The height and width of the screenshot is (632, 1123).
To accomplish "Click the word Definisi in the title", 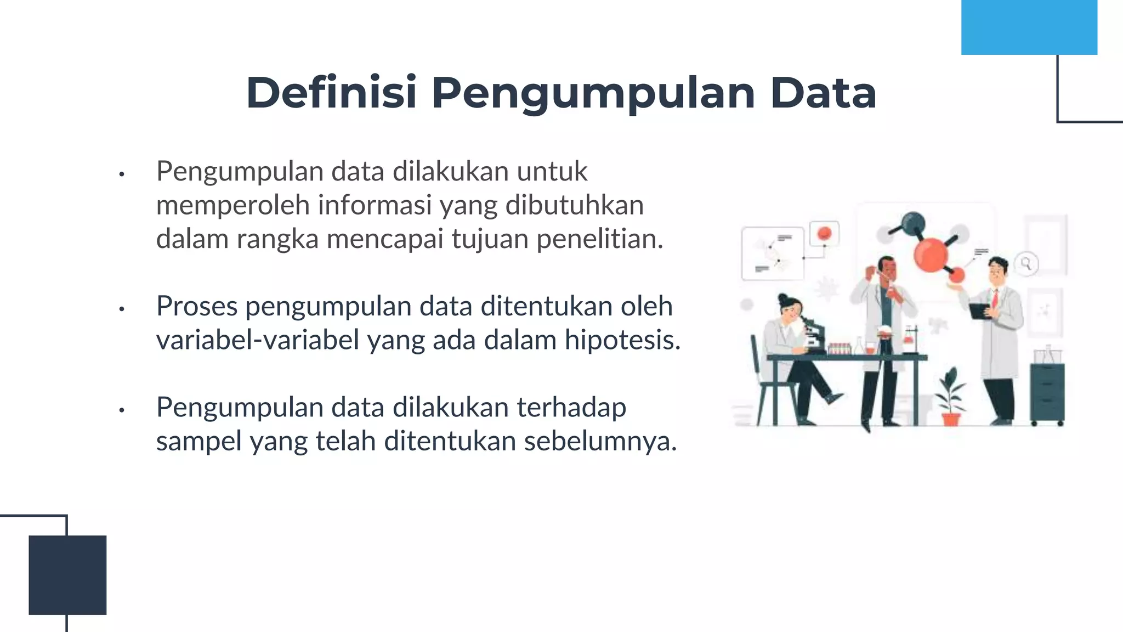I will point(331,93).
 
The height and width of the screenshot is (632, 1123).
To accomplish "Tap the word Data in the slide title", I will point(823,93).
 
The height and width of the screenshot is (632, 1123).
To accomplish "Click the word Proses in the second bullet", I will point(196,306).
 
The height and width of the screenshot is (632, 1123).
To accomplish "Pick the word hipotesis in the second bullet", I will point(622,340).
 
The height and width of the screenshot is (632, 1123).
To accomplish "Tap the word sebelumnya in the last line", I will point(600,442).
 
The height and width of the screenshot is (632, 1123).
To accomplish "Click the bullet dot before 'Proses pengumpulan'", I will point(122,309).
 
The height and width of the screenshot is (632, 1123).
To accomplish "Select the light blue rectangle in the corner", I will point(1029,27).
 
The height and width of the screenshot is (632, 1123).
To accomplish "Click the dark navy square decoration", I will point(67,574).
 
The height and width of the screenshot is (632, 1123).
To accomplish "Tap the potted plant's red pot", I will point(951,420).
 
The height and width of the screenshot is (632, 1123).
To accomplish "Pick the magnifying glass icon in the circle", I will point(1026,263).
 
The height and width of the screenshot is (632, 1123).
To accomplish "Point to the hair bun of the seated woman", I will point(782,300).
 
